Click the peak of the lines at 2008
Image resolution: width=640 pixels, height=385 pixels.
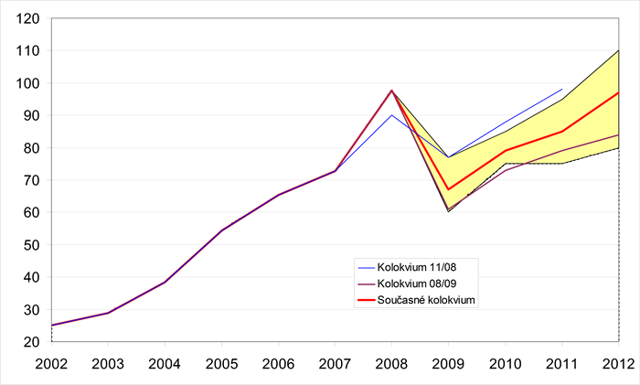click(391, 91)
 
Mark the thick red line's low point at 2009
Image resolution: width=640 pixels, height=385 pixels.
click(448, 189)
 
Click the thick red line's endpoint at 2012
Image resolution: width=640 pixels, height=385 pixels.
click(618, 92)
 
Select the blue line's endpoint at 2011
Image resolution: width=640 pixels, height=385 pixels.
click(561, 90)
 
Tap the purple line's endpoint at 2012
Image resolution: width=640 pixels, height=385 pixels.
click(618, 134)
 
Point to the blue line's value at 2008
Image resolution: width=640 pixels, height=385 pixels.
click(391, 115)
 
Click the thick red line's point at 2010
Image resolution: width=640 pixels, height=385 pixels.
click(505, 151)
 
